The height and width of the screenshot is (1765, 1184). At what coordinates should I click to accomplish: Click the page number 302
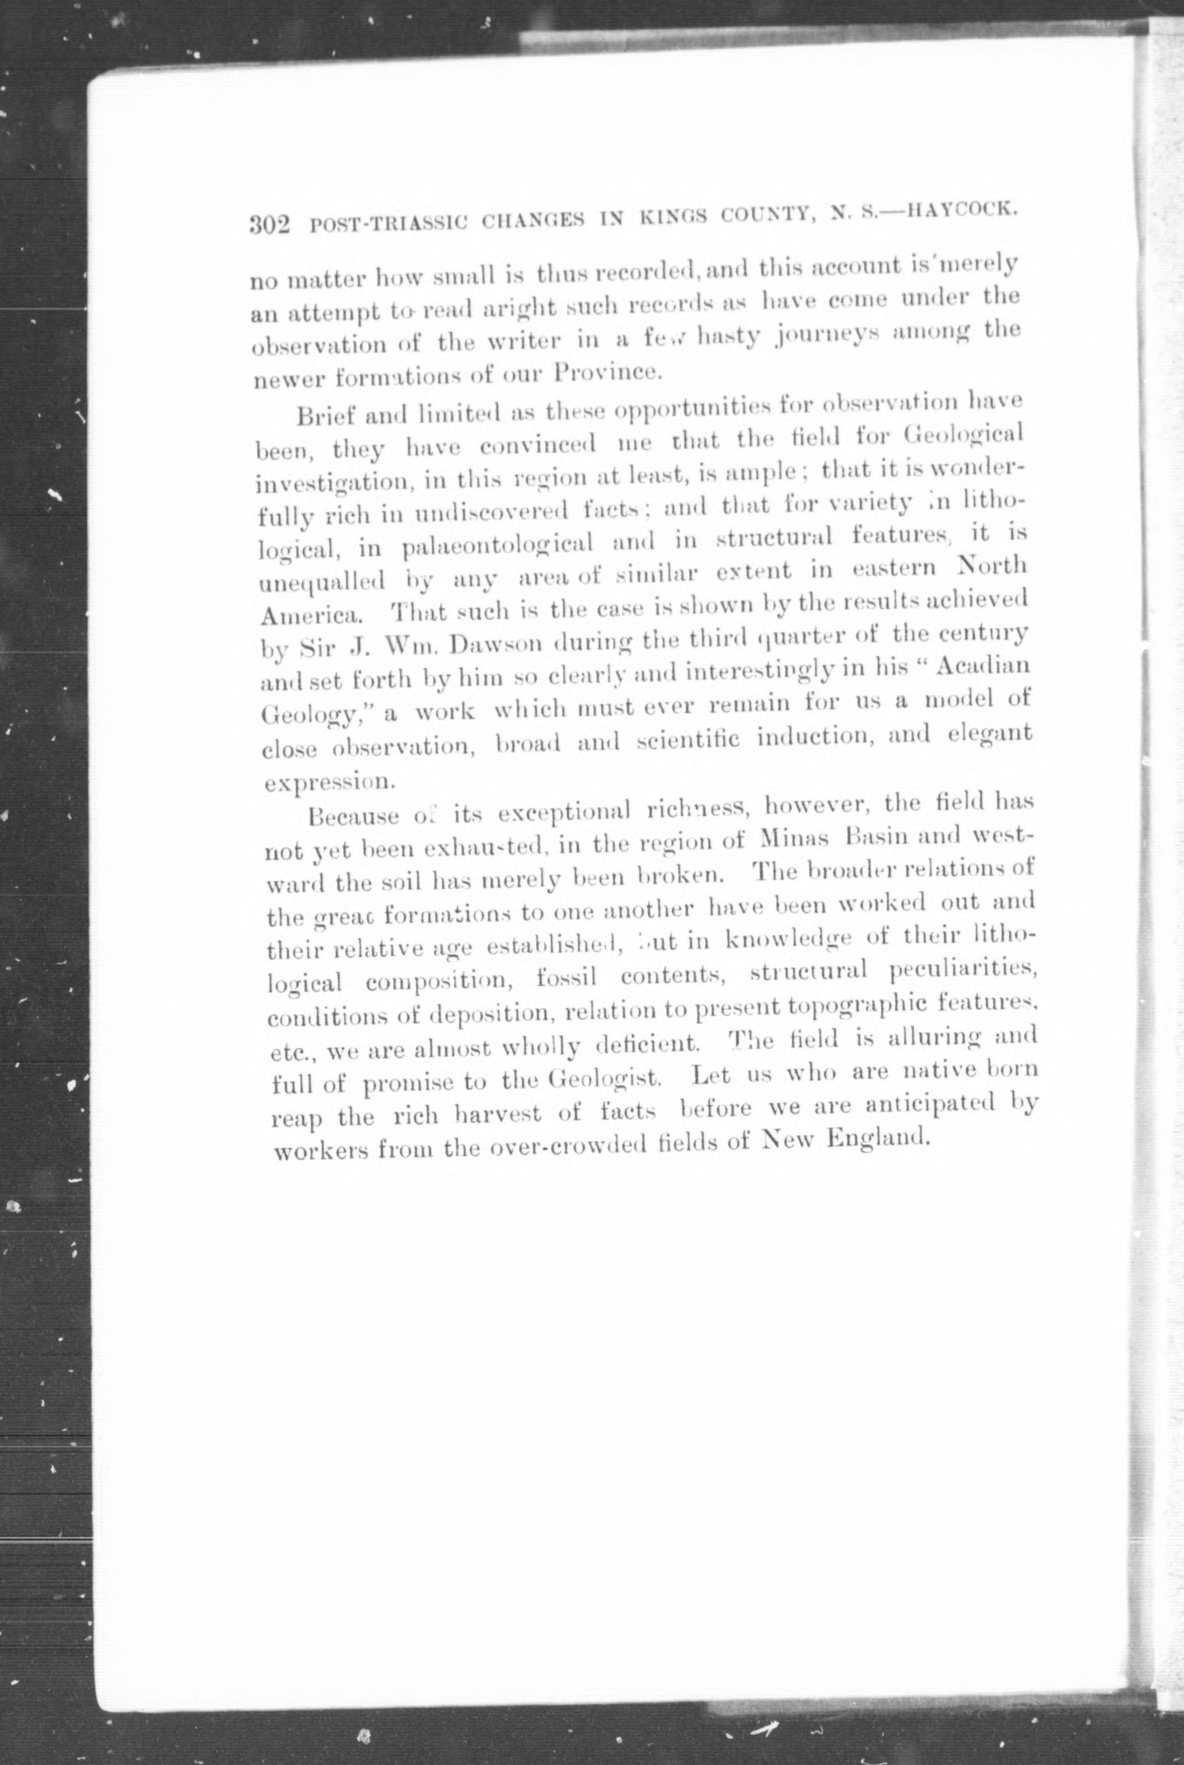click(x=270, y=225)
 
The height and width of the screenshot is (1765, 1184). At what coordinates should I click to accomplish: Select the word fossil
click(x=567, y=978)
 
